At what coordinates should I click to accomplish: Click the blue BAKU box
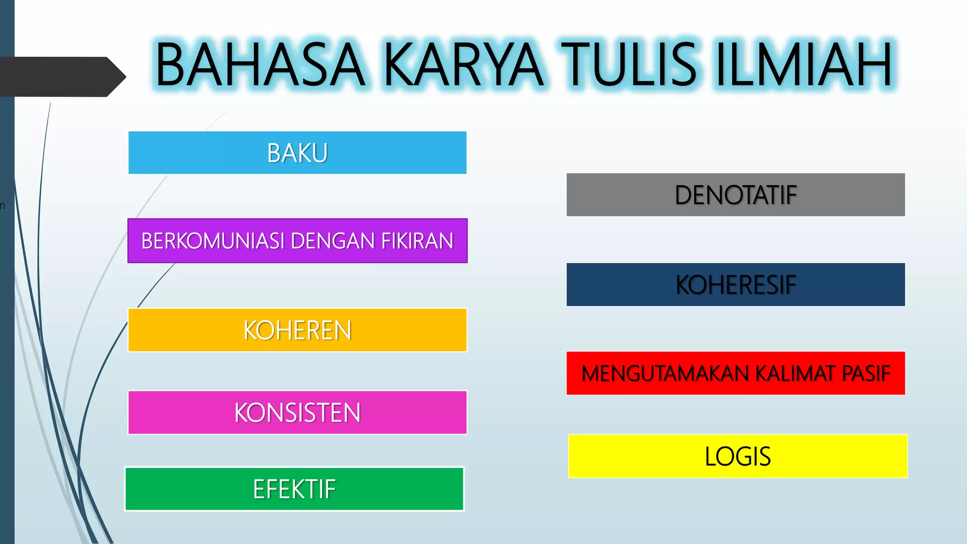point(297,153)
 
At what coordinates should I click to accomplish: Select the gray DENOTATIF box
point(736,195)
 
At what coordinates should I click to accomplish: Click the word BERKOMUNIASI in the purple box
point(213,241)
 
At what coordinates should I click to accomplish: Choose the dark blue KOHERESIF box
point(736,284)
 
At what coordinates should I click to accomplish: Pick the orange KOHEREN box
point(297,330)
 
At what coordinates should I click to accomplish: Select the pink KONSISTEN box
point(297,412)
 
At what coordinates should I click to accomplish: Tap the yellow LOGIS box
point(738,456)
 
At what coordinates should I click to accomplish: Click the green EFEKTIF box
point(294,489)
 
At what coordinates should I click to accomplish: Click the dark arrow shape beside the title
point(57,76)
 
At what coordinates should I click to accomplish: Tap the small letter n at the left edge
point(2,206)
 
